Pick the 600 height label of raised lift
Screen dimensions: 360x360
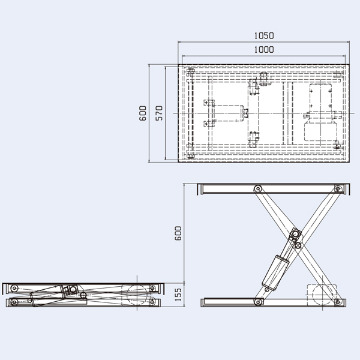pyautogui.click(x=177, y=233)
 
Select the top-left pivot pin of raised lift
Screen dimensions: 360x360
pyautogui.click(x=257, y=188)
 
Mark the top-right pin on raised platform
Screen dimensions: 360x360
pyautogui.click(x=338, y=188)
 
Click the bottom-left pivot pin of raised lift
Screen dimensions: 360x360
pyautogui.click(x=258, y=301)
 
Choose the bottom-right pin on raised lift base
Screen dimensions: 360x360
pyautogui.click(x=338, y=301)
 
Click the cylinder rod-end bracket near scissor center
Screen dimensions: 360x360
pyautogui.click(x=294, y=235)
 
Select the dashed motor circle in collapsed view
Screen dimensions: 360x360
pyautogui.click(x=137, y=294)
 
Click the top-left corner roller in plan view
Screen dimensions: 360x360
pyautogui.click(x=190, y=73)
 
